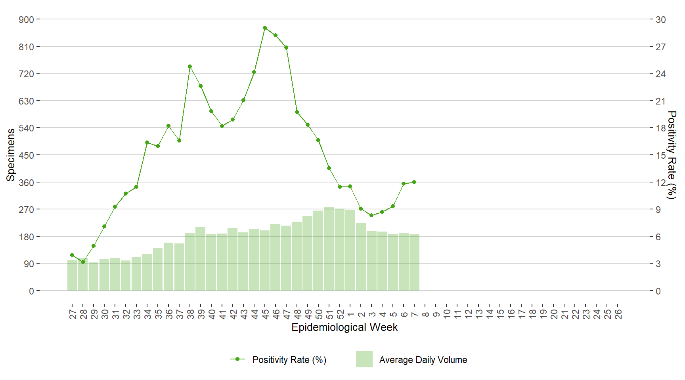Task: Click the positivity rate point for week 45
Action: click(265, 28)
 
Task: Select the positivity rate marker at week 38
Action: click(190, 66)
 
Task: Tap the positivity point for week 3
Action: click(371, 215)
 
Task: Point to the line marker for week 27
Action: click(72, 255)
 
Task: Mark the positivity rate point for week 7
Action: click(414, 182)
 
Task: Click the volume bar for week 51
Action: click(329, 249)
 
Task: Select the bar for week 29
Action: click(94, 277)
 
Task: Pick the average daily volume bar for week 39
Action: click(201, 259)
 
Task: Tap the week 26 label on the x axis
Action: click(618, 314)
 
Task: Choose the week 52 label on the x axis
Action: click(340, 314)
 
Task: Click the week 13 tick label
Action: click(479, 314)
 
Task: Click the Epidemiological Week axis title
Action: click(344, 327)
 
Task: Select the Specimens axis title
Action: click(11, 155)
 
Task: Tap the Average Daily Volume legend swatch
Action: click(364, 359)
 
